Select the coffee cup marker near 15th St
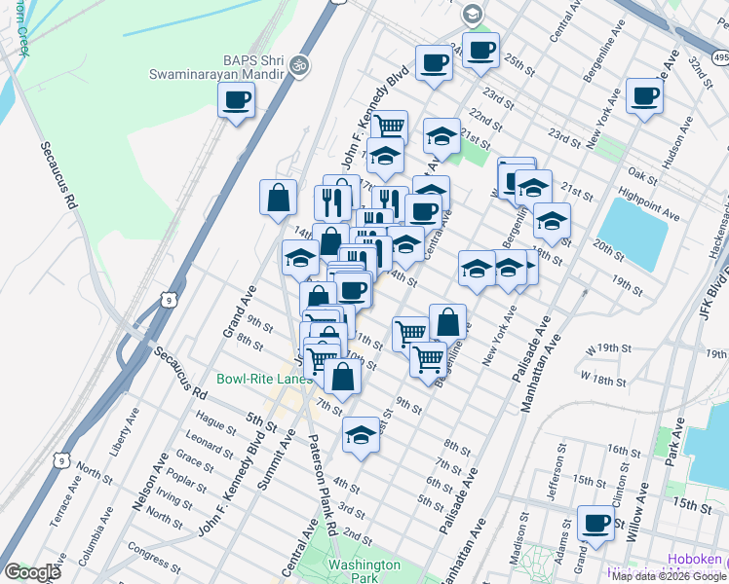[595, 523]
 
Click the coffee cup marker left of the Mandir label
[236, 99]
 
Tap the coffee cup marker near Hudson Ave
[644, 95]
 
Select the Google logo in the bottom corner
[32, 572]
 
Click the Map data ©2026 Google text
[669, 576]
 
